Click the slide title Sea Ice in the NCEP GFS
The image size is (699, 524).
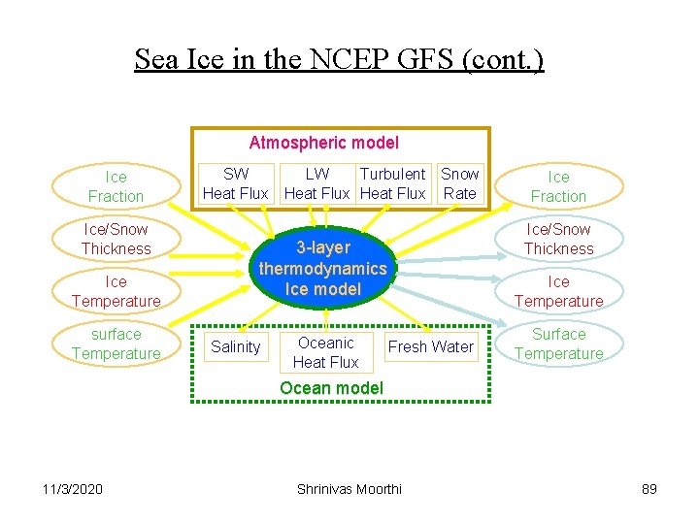point(339,60)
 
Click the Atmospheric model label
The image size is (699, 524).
point(323,143)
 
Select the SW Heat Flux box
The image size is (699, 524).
point(235,183)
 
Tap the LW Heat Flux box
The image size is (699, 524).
point(316,183)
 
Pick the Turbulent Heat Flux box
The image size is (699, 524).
point(392,183)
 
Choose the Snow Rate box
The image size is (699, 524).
point(459,183)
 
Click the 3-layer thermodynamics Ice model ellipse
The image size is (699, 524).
point(322,269)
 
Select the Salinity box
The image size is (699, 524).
point(235,346)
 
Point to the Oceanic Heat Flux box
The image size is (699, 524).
point(325,352)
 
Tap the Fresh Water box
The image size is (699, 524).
point(430,346)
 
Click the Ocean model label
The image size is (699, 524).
point(331,388)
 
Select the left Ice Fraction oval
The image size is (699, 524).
point(116,186)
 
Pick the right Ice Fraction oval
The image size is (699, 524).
point(558,186)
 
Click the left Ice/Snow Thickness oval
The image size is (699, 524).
point(116,239)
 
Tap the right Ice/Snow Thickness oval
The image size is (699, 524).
point(558,239)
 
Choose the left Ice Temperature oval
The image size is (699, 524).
point(116,291)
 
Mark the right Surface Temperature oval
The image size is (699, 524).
point(558,344)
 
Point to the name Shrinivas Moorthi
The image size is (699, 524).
point(349,489)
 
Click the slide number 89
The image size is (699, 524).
point(649,489)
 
